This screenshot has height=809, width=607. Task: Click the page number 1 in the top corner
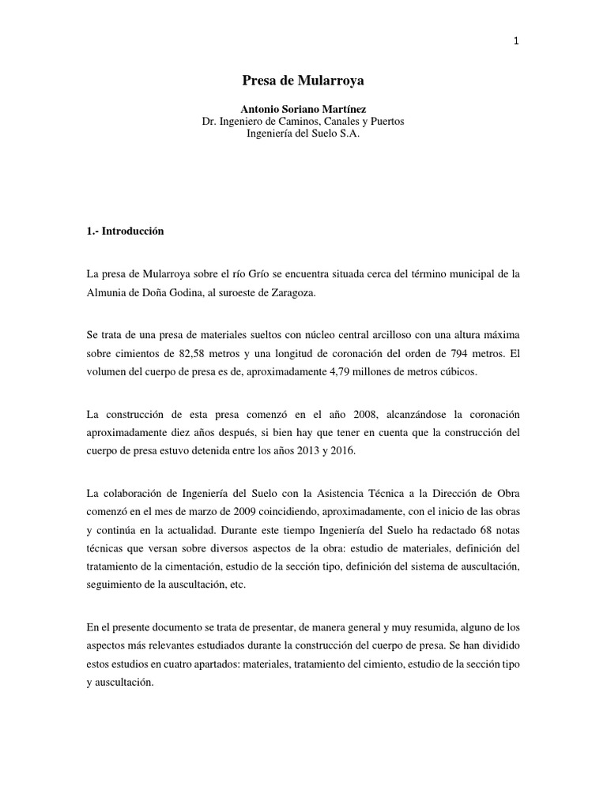[516, 42]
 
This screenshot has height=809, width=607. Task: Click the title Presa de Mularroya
[303, 81]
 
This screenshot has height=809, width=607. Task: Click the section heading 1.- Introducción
[125, 231]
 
